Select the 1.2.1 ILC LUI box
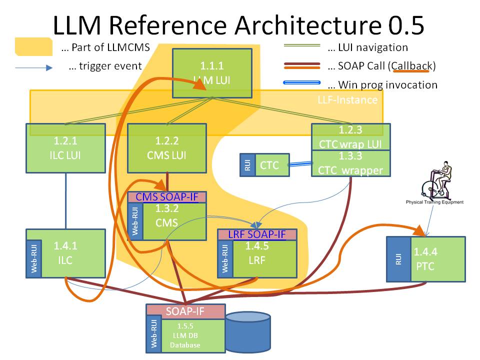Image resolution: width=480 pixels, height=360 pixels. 65,148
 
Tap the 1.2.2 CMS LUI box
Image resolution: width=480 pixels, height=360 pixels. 167,148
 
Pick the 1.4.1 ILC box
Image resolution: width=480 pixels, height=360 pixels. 73,253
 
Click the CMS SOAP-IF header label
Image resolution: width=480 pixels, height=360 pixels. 167,197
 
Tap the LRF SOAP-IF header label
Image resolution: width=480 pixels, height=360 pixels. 257,234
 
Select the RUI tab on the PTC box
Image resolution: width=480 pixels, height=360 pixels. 398,259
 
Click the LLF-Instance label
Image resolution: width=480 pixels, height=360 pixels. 347,99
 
